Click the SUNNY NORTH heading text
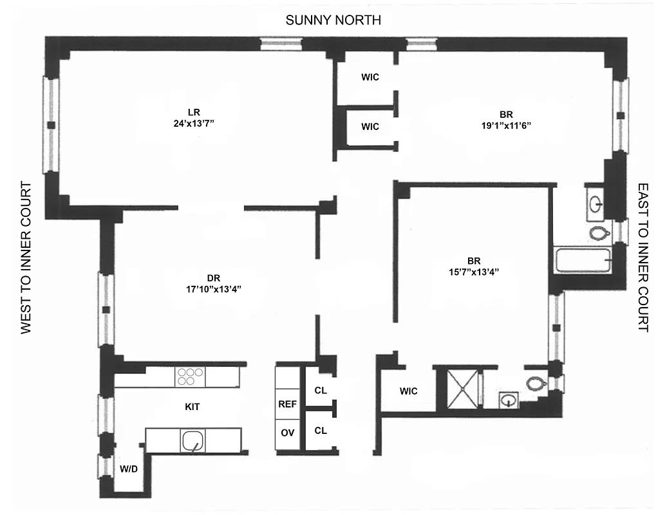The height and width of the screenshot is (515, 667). pyautogui.click(x=333, y=21)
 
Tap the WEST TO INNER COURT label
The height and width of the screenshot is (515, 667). pyautogui.click(x=26, y=257)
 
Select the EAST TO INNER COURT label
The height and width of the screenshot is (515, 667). pyautogui.click(x=643, y=257)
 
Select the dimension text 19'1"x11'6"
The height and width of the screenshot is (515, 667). pyautogui.click(x=501, y=127)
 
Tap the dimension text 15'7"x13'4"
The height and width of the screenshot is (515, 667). pyautogui.click(x=474, y=272)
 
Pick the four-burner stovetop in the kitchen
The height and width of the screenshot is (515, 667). pyautogui.click(x=191, y=377)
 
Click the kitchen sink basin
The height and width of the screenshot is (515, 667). pyautogui.click(x=193, y=442)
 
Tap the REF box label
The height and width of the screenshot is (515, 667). pyautogui.click(x=287, y=405)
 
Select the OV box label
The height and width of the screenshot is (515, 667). pyautogui.click(x=287, y=433)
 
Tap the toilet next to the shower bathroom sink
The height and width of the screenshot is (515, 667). pyautogui.click(x=536, y=384)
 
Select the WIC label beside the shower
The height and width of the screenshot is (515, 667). pyautogui.click(x=408, y=391)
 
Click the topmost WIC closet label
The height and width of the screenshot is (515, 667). pyautogui.click(x=370, y=77)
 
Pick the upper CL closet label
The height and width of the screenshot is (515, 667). pyautogui.click(x=321, y=390)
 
